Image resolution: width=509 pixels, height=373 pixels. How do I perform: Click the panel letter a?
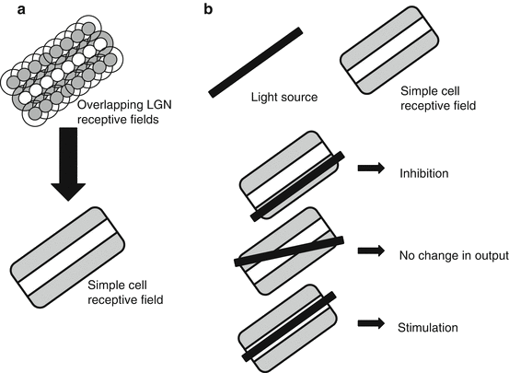[x=21, y=10]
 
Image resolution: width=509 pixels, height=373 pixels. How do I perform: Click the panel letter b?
[x=208, y=9]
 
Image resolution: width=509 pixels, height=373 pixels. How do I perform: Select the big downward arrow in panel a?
[x=68, y=164]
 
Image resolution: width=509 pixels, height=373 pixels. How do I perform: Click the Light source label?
[x=284, y=97]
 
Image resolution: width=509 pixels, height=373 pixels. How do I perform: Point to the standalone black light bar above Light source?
[x=256, y=63]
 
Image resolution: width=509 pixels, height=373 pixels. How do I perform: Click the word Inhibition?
[x=424, y=173]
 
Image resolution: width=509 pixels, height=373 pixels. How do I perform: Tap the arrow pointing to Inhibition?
[x=371, y=168]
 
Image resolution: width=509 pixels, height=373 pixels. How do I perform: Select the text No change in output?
[x=454, y=256]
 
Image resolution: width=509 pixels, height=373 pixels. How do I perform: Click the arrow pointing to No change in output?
[x=371, y=251]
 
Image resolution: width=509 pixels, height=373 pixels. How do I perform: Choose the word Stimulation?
[x=428, y=328]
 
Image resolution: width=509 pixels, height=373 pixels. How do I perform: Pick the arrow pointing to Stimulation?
[x=371, y=323]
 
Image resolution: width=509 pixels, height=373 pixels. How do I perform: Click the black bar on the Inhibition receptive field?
[x=297, y=186]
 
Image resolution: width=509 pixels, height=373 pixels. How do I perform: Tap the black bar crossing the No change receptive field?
[x=289, y=251]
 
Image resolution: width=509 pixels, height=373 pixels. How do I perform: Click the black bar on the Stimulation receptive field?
[x=289, y=326]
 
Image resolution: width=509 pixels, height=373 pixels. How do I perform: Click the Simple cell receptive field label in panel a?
[x=125, y=293]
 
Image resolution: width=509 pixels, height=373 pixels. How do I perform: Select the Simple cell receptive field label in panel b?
[x=438, y=99]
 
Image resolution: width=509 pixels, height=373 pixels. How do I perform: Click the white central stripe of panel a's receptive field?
[x=67, y=257]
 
